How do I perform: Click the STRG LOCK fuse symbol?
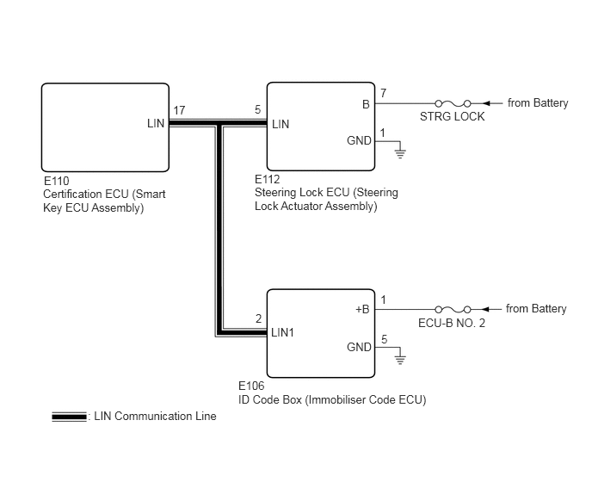tap(453, 103)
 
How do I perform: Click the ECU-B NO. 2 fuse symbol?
tap(453, 309)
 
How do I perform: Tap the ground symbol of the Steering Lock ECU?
tap(400, 153)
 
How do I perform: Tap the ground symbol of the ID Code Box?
tap(400, 360)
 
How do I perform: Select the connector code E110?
tap(57, 181)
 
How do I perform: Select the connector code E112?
tap(268, 179)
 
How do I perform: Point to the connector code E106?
tap(251, 386)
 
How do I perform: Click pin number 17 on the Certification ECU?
tap(179, 110)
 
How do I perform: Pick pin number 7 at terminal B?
tap(383, 93)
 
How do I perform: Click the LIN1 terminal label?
tap(282, 332)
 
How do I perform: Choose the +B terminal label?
tap(362, 309)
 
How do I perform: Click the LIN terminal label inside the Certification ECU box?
tap(156, 124)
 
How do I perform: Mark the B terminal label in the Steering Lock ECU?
tap(366, 104)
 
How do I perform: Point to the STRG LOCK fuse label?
tap(453, 116)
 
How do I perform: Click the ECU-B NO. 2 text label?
tap(452, 323)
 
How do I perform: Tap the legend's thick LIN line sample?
tap(69, 417)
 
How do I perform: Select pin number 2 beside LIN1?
tap(259, 318)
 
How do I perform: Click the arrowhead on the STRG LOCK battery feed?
tap(487, 103)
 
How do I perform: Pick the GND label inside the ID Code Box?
tap(359, 347)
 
